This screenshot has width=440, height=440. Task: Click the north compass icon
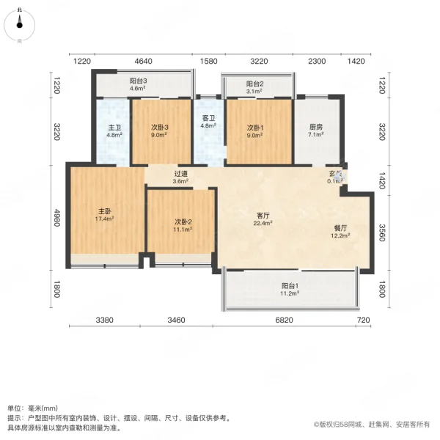pyautogui.click(x=19, y=22)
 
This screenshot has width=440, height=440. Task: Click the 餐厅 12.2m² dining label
pyautogui.click(x=339, y=231)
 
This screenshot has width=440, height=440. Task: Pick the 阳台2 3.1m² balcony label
pyautogui.click(x=254, y=87)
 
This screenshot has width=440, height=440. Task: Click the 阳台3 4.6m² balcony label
pyautogui.click(x=139, y=84)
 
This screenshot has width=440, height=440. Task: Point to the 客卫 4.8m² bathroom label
pyautogui.click(x=208, y=122)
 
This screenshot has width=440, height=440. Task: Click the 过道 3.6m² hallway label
pyautogui.click(x=180, y=177)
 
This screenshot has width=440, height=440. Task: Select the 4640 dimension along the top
pyautogui.click(x=143, y=61)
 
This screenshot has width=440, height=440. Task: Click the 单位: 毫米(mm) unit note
pyautogui.click(x=32, y=408)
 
